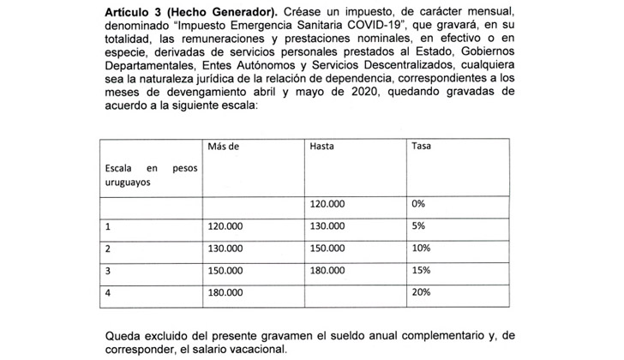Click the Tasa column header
[421, 147]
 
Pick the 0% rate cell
[418, 205]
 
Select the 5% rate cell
[418, 227]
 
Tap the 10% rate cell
[420, 249]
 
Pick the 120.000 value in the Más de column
[225, 227]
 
